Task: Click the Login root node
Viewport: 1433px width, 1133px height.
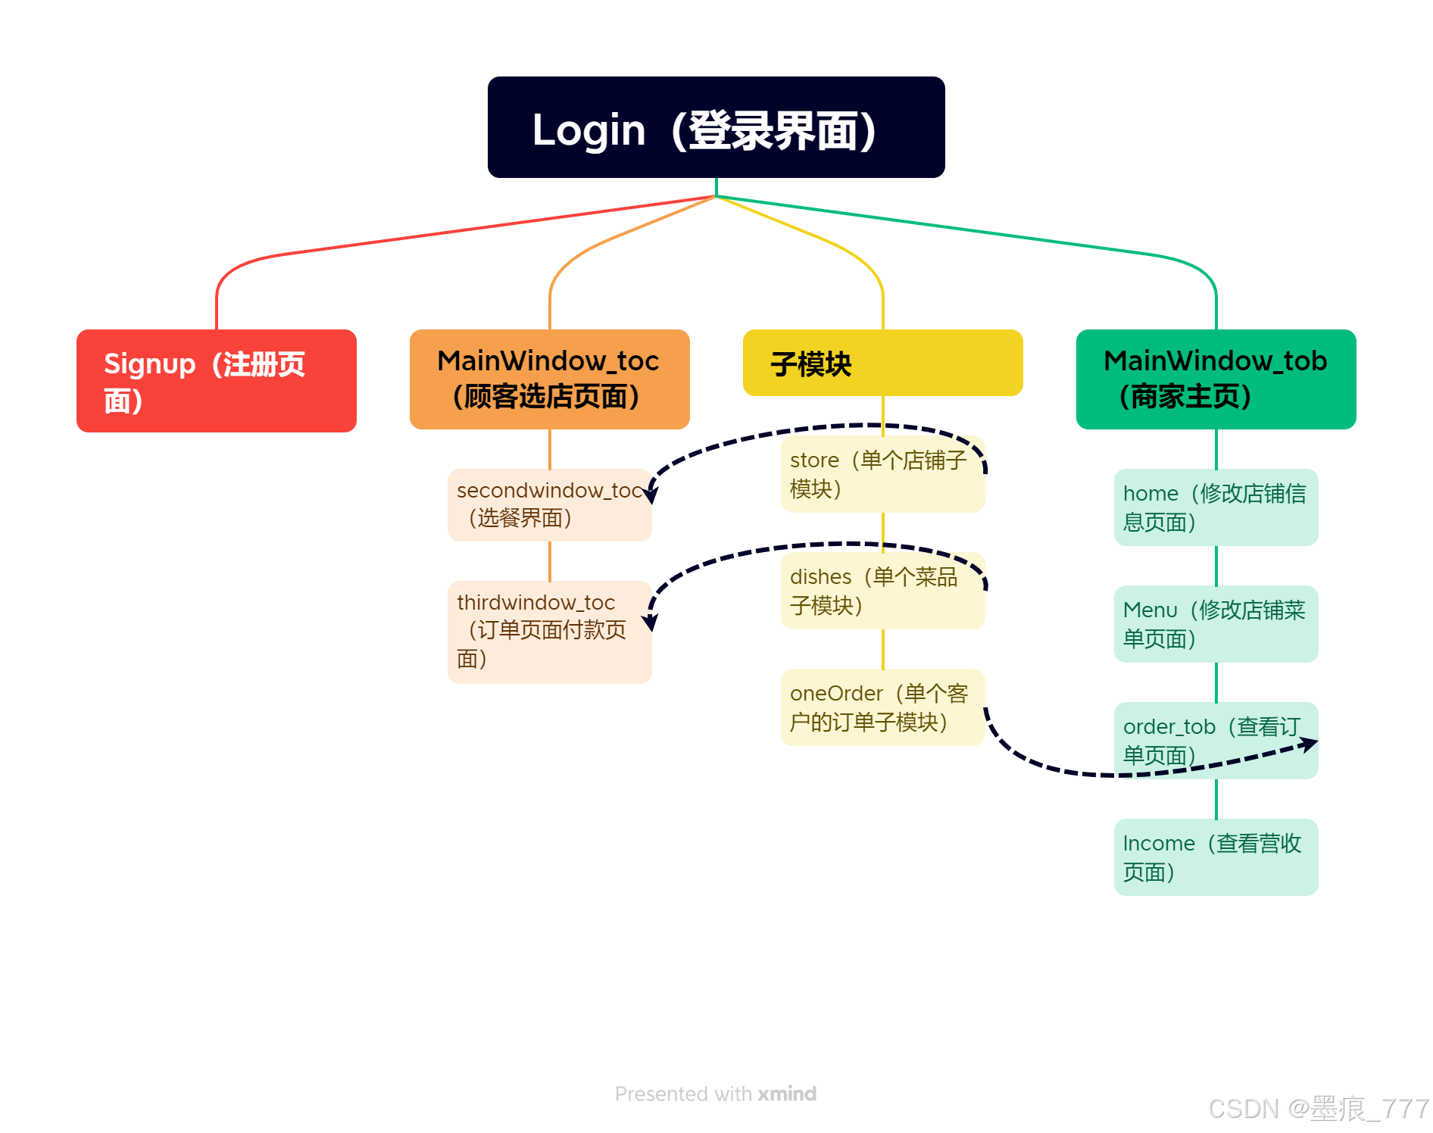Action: coord(716,127)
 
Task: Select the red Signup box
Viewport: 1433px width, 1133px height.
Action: coord(216,381)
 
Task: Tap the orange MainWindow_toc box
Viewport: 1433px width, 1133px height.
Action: coord(549,379)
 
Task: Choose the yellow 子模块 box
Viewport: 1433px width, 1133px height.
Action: coord(882,364)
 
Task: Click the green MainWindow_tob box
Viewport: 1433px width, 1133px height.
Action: coord(1216,379)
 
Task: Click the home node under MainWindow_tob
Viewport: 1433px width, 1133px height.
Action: coord(1216,507)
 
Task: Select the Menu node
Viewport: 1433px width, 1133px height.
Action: coord(1216,624)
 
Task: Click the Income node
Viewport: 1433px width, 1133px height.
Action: coord(1216,857)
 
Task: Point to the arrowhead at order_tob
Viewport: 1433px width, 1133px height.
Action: coord(1309,744)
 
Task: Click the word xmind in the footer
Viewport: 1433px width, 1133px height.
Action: coord(787,1094)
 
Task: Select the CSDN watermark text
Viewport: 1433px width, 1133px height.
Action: coord(1318,1109)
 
